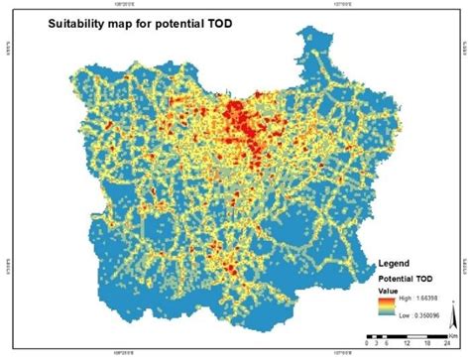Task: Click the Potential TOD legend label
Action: coord(408,279)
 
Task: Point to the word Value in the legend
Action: coord(388,291)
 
